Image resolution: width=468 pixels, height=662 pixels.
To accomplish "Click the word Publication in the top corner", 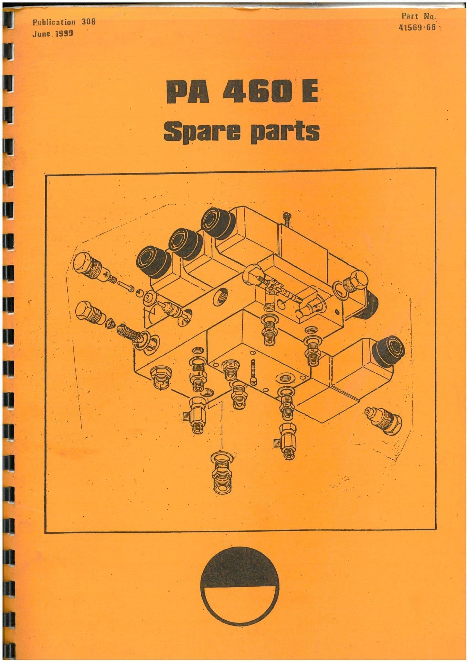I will [x=54, y=23].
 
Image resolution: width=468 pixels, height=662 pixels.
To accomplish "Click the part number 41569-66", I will [x=418, y=27].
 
